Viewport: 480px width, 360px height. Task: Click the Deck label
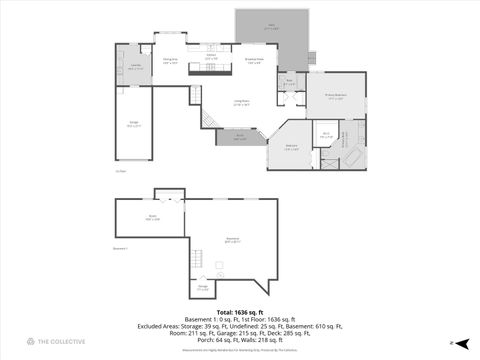click(x=271, y=28)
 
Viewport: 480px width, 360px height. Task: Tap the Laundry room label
click(x=133, y=69)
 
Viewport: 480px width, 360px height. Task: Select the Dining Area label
click(x=170, y=62)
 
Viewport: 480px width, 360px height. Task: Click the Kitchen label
click(x=211, y=58)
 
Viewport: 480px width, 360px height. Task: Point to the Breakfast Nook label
click(x=255, y=61)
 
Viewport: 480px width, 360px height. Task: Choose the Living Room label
click(x=241, y=102)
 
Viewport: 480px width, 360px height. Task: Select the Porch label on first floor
click(x=240, y=138)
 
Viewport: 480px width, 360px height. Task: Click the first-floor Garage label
click(x=133, y=125)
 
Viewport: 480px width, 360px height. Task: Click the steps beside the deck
click(x=311, y=58)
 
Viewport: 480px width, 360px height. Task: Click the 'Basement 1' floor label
click(x=122, y=247)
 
